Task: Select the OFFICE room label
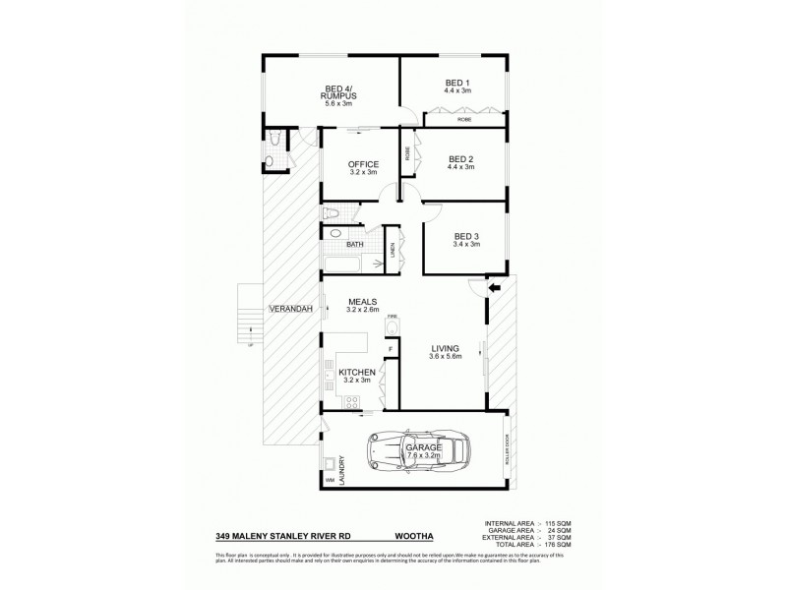pos(364,164)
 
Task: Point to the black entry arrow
pos(495,286)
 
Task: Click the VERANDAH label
pos(290,310)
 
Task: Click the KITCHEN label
pos(357,374)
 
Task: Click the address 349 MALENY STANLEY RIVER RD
pos(284,538)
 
